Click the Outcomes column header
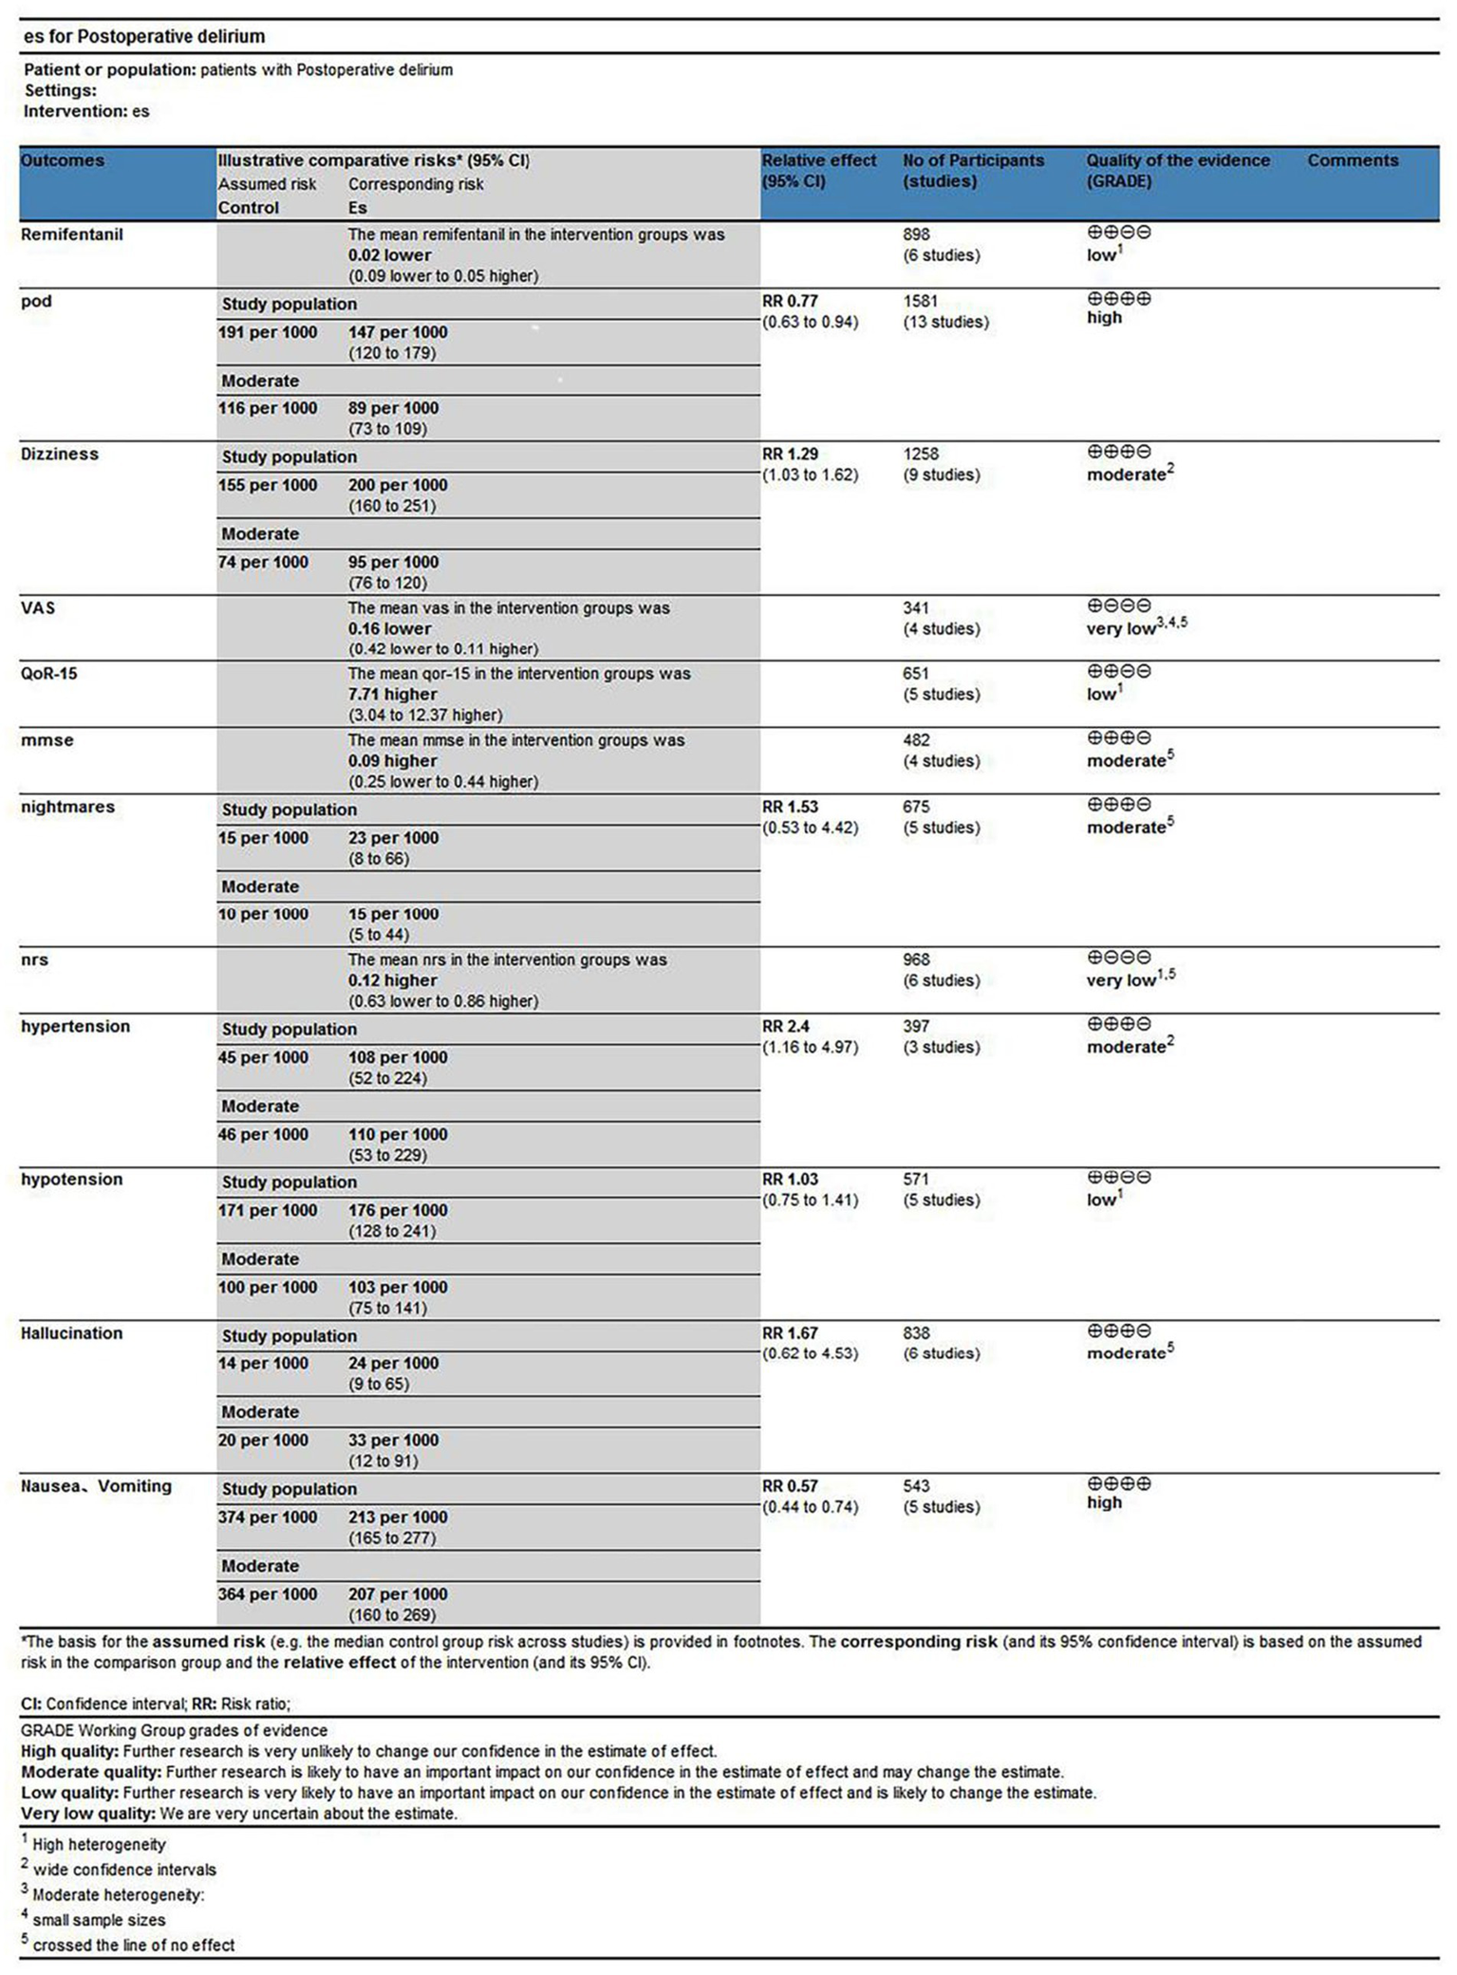pyautogui.click(x=63, y=160)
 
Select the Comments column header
pyautogui.click(x=1352, y=160)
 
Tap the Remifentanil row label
pyautogui.click(x=72, y=234)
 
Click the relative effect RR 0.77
pyautogui.click(x=790, y=301)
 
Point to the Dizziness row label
pyautogui.click(x=60, y=454)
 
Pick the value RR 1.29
pyautogui.click(x=790, y=454)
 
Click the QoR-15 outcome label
pyautogui.click(x=49, y=673)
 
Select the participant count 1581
pyautogui.click(x=921, y=301)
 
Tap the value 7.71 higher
pyautogui.click(x=392, y=694)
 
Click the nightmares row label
pyautogui.click(x=67, y=807)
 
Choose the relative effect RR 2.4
pyautogui.click(x=786, y=1026)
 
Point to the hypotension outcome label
pyautogui.click(x=72, y=1179)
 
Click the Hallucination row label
pyautogui.click(x=72, y=1332)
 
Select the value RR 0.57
pyautogui.click(x=790, y=1485)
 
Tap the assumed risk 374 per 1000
pyautogui.click(x=268, y=1517)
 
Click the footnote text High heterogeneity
pyautogui.click(x=99, y=1844)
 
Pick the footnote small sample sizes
pyautogui.click(x=99, y=1919)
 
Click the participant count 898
pyautogui.click(x=917, y=234)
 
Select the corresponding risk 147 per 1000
pyautogui.click(x=398, y=332)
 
